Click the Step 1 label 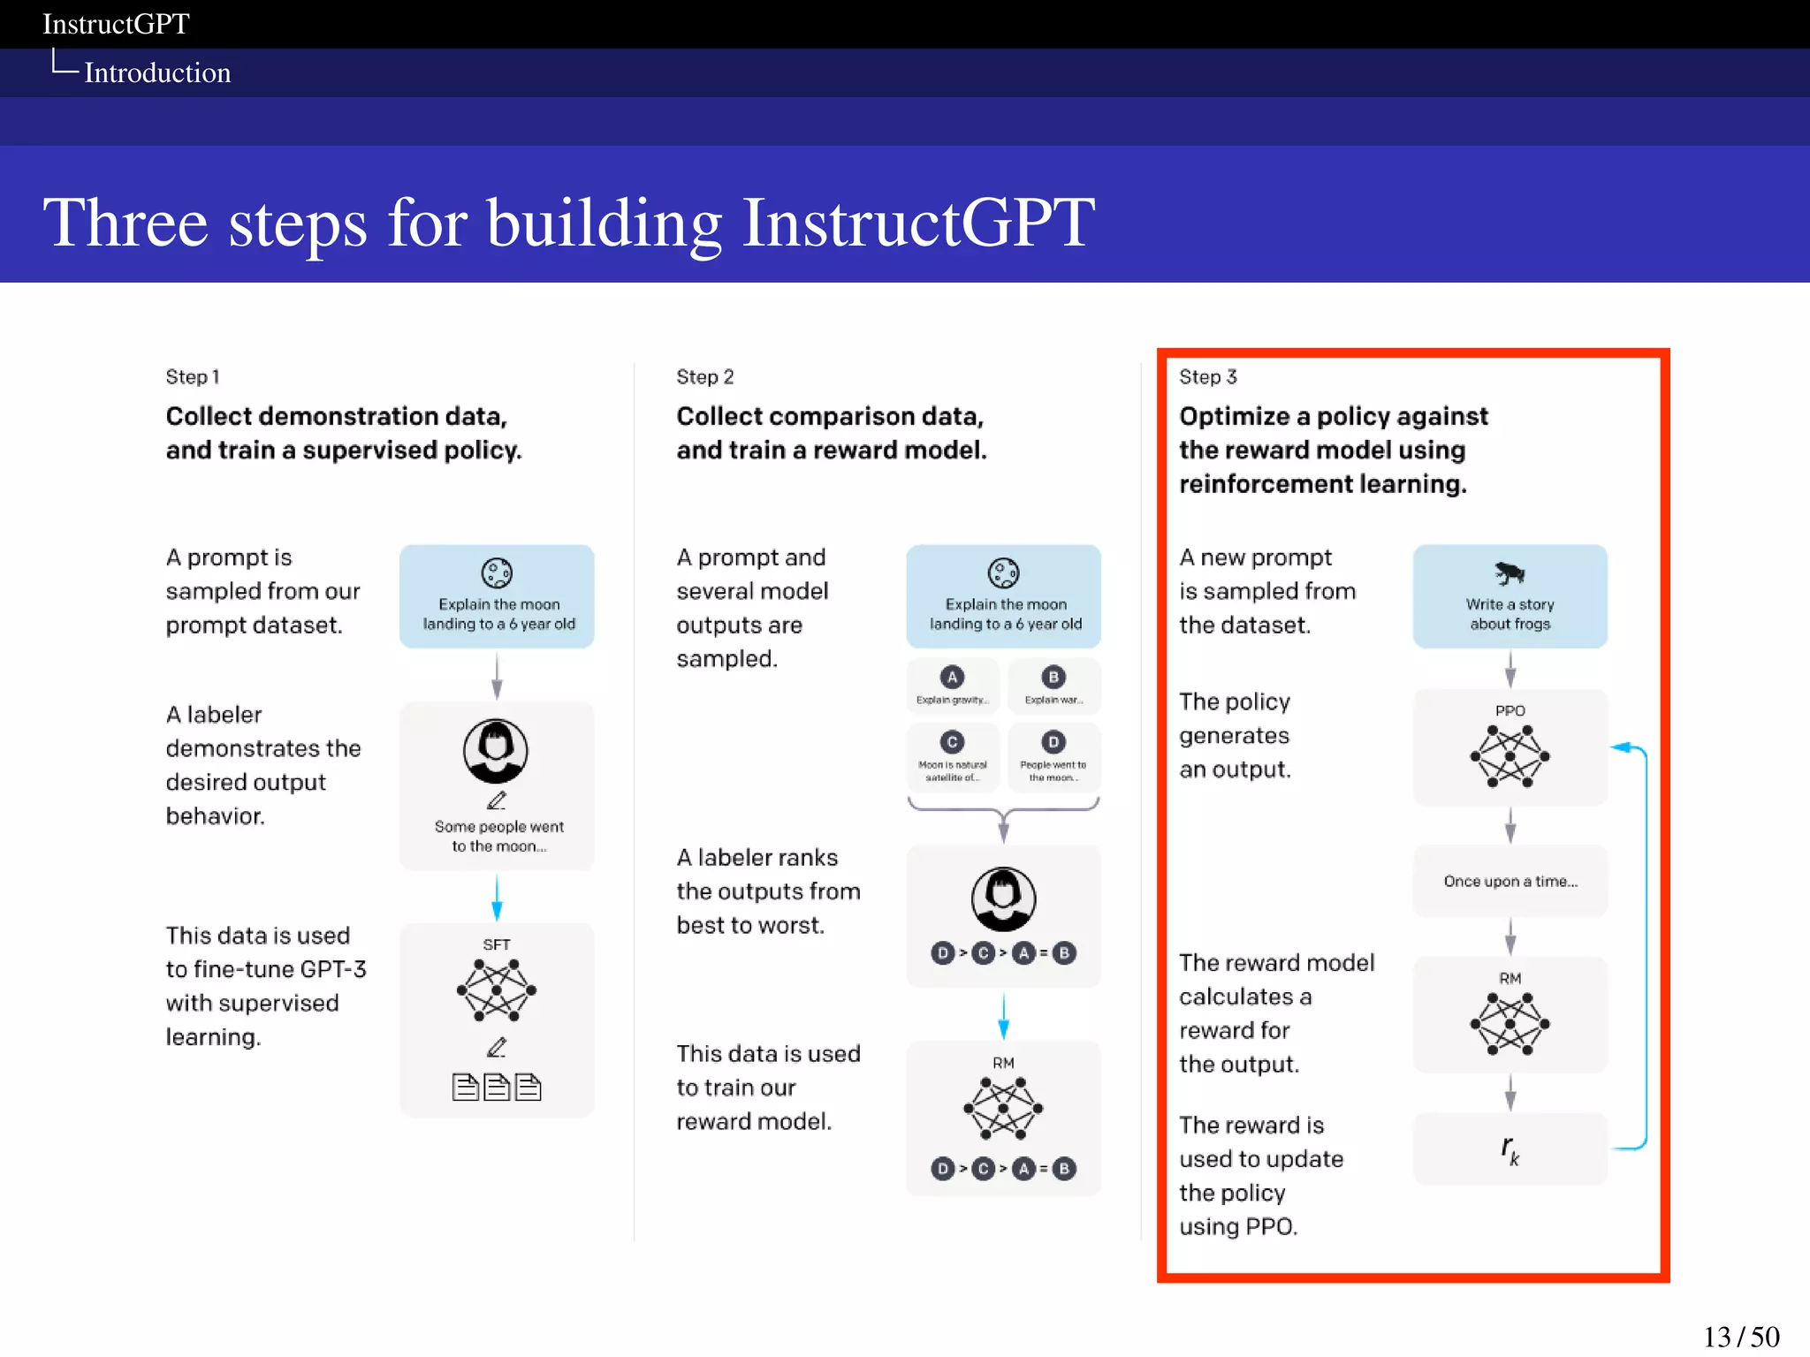192,377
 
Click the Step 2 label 704,377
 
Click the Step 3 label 1207,377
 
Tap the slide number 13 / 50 1740,1336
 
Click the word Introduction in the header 157,72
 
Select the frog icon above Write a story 1510,573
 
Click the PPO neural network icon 1510,756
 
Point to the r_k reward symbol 1510,1149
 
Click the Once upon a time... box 1510,881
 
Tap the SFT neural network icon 496,990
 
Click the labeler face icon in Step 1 496,751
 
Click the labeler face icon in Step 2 1003,898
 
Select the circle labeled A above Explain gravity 952,678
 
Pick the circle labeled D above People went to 1053,742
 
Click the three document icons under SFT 496,1087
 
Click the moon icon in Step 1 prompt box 496,573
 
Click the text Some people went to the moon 498,836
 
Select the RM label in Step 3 1510,978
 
